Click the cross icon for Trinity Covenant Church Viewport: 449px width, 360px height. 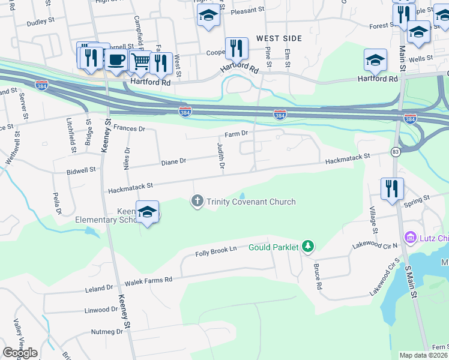pos(197,201)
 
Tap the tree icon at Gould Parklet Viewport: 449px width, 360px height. pos(308,246)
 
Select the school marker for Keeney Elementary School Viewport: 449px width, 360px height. pos(147,212)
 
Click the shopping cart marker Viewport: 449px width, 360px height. pos(140,61)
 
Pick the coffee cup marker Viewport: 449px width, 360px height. pos(116,61)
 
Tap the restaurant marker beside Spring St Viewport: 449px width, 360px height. pos(392,188)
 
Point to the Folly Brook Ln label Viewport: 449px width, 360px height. pos(216,251)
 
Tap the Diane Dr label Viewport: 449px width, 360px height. pos(174,161)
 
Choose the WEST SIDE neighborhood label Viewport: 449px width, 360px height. pos(279,38)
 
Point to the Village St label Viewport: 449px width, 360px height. pos(373,220)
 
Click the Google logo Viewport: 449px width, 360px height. pos(20,353)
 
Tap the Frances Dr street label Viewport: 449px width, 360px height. pos(129,128)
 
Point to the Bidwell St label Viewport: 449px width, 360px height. pos(82,170)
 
